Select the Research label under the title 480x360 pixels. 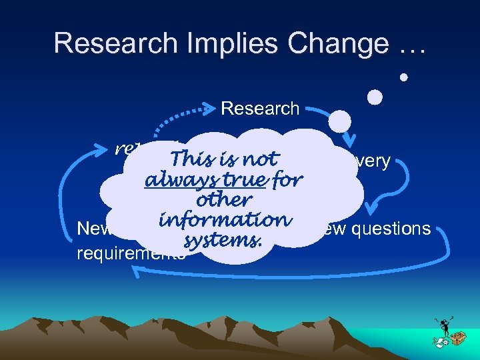(x=260, y=108)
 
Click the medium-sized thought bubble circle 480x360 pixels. (x=375, y=97)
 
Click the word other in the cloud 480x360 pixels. (x=224, y=200)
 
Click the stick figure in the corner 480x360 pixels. (x=443, y=327)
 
